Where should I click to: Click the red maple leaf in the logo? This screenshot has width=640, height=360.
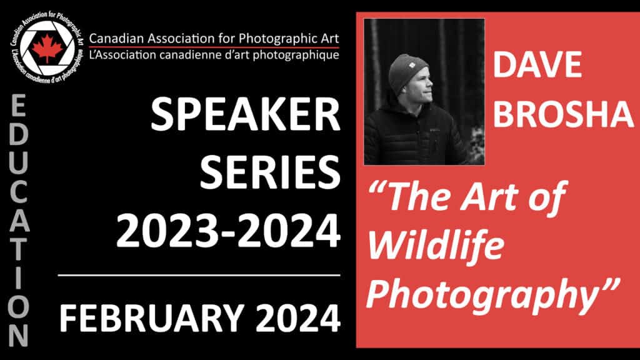[x=47, y=48]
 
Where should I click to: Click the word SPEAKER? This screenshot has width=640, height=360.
[x=245, y=115]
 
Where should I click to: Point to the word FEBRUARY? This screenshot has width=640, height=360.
[x=152, y=318]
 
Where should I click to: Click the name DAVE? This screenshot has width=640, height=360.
[x=537, y=65]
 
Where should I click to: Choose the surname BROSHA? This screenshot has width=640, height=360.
[x=563, y=114]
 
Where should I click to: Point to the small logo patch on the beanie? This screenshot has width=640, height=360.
[x=412, y=65]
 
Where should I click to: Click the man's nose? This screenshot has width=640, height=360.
[x=430, y=84]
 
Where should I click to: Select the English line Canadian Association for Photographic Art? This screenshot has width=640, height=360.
[x=214, y=39]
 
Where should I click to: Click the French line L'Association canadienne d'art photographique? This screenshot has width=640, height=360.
[x=214, y=55]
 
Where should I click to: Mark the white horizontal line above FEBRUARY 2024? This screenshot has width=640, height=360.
[x=199, y=276]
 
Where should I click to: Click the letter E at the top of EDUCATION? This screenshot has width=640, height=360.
[x=18, y=106]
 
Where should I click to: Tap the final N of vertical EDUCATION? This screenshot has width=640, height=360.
[x=18, y=336]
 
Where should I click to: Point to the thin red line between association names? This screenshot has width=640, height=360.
[x=214, y=47]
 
